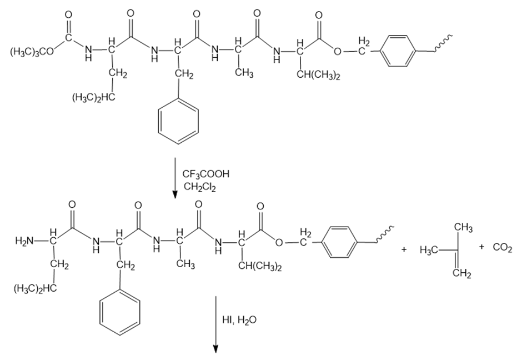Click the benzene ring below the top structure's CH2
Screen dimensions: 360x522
pyautogui.click(x=178, y=119)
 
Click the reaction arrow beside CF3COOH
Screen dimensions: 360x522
pyautogui.click(x=175, y=178)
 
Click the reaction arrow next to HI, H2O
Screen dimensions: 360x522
pyautogui.click(x=215, y=325)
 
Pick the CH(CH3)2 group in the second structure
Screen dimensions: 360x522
pyautogui.click(x=260, y=267)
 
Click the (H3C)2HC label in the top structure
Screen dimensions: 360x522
pyautogui.click(x=93, y=98)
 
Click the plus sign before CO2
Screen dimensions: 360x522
pyautogui.click(x=481, y=247)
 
